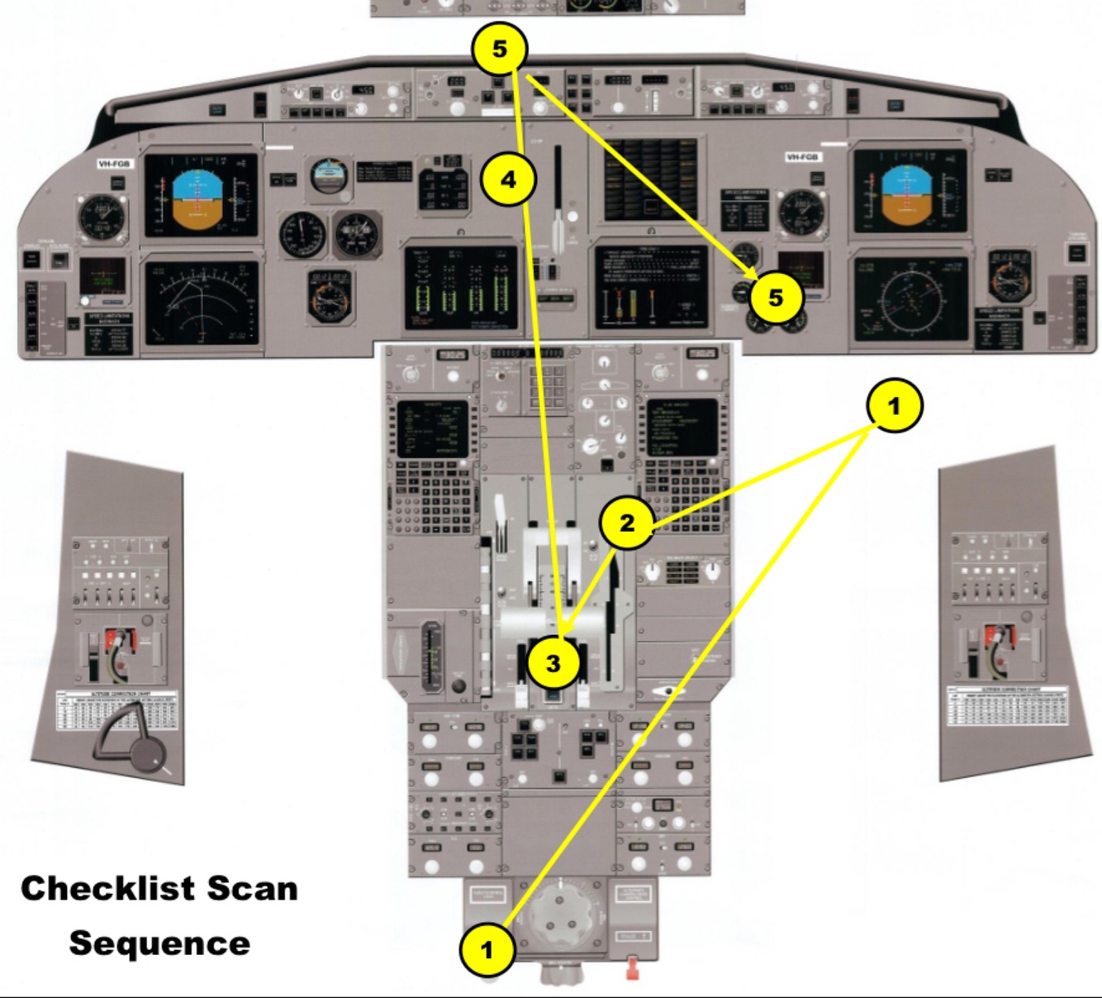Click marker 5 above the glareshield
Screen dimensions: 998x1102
pos(500,50)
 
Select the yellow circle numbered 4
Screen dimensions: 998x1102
pos(509,179)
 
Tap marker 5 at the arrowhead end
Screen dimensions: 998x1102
pos(774,298)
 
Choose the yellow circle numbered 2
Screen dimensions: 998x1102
pos(627,523)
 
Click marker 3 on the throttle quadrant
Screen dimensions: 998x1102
pos(553,662)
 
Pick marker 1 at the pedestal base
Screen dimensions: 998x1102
pos(487,950)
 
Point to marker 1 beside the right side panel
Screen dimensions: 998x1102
pos(893,406)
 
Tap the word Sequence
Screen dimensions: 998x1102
pos(159,943)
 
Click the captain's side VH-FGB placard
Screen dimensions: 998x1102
pos(114,165)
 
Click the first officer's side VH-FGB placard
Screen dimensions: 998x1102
pos(803,157)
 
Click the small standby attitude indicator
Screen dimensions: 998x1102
pos(330,175)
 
